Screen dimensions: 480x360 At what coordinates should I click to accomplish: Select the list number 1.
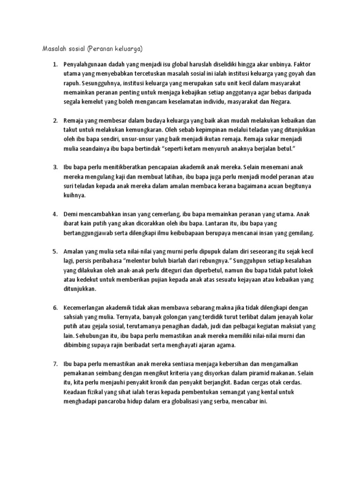[x=54, y=64]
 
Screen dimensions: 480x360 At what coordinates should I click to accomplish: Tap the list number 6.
[x=54, y=308]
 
